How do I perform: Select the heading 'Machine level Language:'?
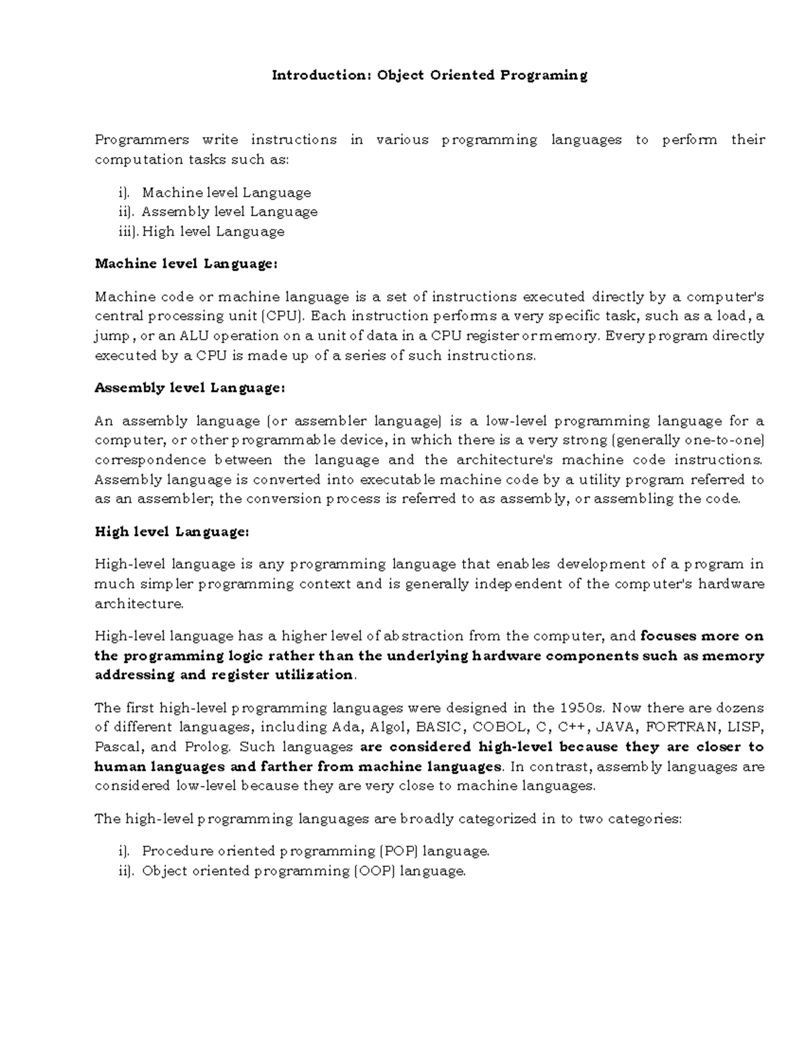[x=186, y=264]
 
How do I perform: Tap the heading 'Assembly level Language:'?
[x=190, y=388]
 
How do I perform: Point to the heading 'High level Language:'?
[x=172, y=531]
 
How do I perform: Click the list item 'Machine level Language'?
[x=227, y=193]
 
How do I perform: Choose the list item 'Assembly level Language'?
[x=229, y=212]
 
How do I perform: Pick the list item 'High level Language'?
[x=213, y=231]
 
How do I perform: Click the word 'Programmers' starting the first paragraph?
[x=142, y=140]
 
